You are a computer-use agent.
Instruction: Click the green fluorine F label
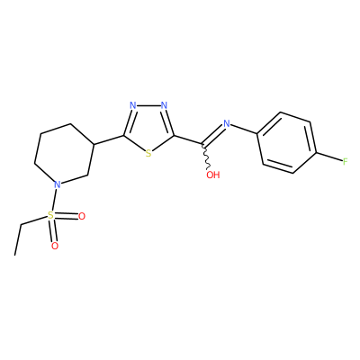pyautogui.click(x=345, y=162)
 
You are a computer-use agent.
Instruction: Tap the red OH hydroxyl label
pyautogui.click(x=213, y=175)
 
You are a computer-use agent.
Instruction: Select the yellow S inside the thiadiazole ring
pyautogui.click(x=148, y=154)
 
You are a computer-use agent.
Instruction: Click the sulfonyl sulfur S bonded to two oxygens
pyautogui.click(x=50, y=215)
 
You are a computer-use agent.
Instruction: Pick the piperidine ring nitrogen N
pyautogui.click(x=58, y=184)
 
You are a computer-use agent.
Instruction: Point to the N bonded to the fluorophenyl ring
pyautogui.click(x=227, y=123)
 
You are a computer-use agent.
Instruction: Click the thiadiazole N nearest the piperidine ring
pyautogui.click(x=133, y=105)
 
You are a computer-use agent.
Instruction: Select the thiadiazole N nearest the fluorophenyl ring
pyautogui.click(x=164, y=105)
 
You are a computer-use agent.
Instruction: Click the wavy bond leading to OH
pyautogui.click(x=207, y=157)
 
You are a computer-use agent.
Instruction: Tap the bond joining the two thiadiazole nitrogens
pyautogui.click(x=148, y=105)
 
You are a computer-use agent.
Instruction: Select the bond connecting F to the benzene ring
pyautogui.click(x=329, y=157)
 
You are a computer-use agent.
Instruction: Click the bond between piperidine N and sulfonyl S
pyautogui.click(x=54, y=200)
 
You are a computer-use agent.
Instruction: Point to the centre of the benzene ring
pyautogui.click(x=287, y=143)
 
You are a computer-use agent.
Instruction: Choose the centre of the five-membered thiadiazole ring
pyautogui.click(x=148, y=128)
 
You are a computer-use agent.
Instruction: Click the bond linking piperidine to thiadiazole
pyautogui.click(x=109, y=140)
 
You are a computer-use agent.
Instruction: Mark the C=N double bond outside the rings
pyautogui.click(x=214, y=135)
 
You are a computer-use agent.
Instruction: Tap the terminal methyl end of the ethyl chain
pyautogui.click(x=15, y=255)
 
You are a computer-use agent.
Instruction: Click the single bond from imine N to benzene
pyautogui.click(x=244, y=129)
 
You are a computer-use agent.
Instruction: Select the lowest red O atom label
pyautogui.click(x=55, y=246)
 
